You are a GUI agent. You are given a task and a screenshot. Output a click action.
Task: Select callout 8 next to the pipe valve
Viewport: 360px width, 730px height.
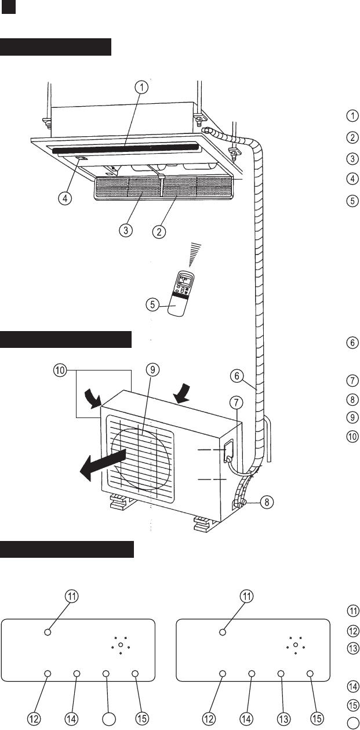[x=266, y=502]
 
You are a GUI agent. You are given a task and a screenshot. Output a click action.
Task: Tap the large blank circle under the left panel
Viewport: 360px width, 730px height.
[x=108, y=718]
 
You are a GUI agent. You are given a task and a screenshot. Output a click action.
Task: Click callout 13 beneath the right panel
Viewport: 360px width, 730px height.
[x=283, y=718]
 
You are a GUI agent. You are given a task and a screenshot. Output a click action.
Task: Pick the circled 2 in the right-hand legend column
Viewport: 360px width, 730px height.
[x=352, y=137]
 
